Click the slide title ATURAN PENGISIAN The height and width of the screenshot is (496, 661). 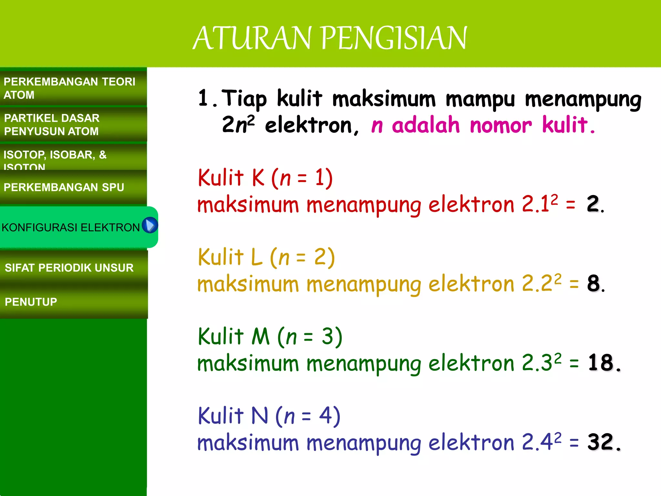point(330,38)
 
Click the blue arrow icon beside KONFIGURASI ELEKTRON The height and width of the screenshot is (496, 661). point(150,225)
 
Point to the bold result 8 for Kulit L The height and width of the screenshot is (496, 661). point(593,284)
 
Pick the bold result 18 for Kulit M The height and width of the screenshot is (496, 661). point(600,363)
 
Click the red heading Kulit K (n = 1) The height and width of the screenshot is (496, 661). point(265,178)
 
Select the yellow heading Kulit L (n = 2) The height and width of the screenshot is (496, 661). point(266,257)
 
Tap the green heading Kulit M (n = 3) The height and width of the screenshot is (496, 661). point(270,336)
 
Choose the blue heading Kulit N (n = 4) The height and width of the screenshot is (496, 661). point(269,416)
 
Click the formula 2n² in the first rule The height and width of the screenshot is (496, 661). point(238,125)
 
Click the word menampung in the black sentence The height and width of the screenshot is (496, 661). point(583,99)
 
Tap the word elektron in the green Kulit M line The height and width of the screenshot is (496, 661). point(471,364)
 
